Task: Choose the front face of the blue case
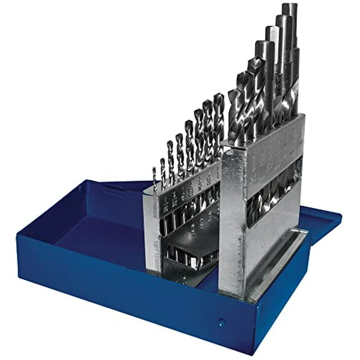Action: click(x=156, y=300)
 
